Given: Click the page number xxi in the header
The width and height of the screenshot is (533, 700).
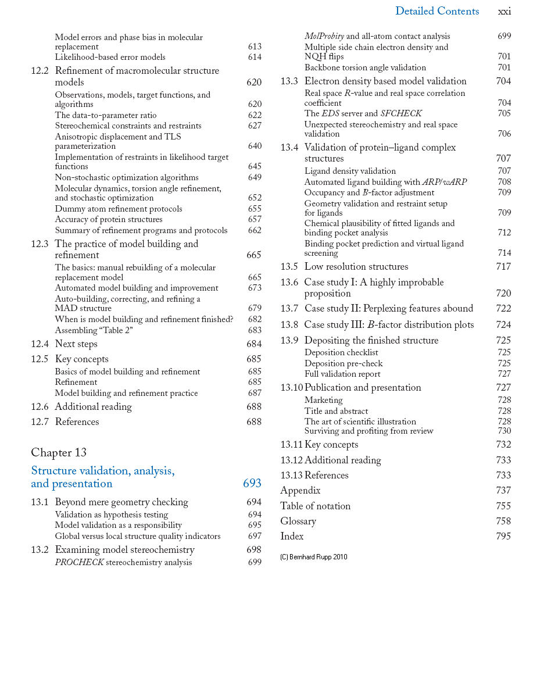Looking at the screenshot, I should pos(505,12).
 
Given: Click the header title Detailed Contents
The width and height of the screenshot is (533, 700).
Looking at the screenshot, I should pos(437,11).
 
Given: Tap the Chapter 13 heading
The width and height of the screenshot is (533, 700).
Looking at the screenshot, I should pos(59,452).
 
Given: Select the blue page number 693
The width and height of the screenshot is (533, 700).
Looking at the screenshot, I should pos(252,484).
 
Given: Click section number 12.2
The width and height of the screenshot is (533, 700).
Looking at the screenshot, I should pos(40,71).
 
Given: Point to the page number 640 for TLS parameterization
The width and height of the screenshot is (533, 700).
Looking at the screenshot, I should pos(255,146).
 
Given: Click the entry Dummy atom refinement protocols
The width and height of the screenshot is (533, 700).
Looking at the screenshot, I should pos(119,209).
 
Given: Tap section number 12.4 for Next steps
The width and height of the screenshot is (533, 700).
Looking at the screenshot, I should pos(40,344).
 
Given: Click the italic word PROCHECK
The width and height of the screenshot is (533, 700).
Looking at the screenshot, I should pos(79,562).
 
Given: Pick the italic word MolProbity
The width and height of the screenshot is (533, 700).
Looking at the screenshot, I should pos(324,36).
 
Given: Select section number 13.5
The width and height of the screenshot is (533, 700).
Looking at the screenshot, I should pos(289,267).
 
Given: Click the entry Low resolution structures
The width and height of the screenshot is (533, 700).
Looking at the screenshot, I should pos(356,267).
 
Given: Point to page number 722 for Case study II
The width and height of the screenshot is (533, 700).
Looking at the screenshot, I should pos(503,309).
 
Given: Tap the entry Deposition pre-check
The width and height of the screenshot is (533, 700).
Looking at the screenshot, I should pos(344,363).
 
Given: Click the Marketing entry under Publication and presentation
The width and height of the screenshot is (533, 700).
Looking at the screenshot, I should pos(324,400).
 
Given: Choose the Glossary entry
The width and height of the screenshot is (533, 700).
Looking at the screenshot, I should pos(298,522).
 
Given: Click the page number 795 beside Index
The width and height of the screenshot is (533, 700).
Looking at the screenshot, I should pos(503,537).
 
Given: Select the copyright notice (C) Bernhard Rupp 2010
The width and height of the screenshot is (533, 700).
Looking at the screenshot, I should pos(314,557).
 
